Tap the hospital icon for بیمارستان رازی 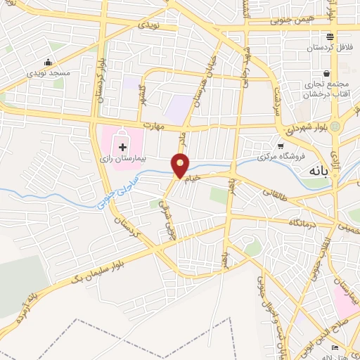(123, 146)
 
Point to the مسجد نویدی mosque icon (48, 61)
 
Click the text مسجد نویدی (48, 73)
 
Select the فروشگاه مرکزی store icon (281, 145)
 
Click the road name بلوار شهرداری (306, 127)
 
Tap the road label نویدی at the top (150, 25)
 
